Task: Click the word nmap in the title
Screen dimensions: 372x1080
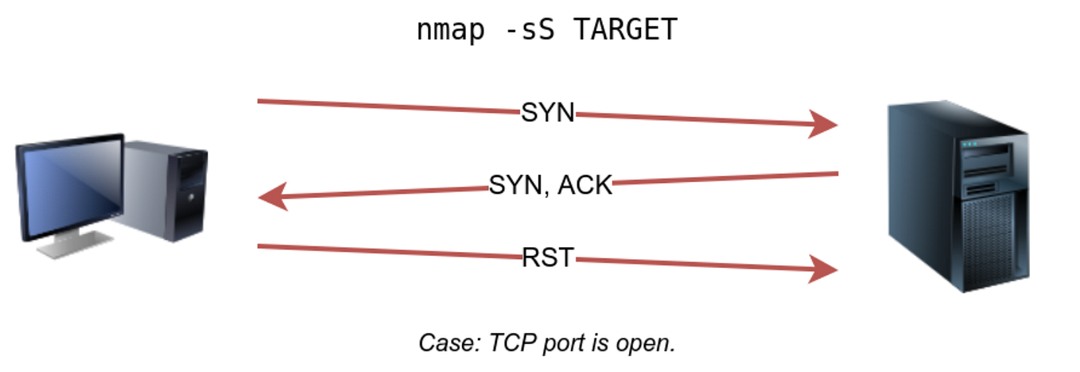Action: pos(449,30)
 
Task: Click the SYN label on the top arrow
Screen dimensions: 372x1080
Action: pos(547,113)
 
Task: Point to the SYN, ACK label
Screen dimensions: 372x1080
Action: pos(550,185)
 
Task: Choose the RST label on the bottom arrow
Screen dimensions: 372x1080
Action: pos(547,258)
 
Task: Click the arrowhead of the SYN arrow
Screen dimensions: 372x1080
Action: pos(824,124)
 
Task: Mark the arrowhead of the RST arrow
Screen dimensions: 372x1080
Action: pos(824,269)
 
